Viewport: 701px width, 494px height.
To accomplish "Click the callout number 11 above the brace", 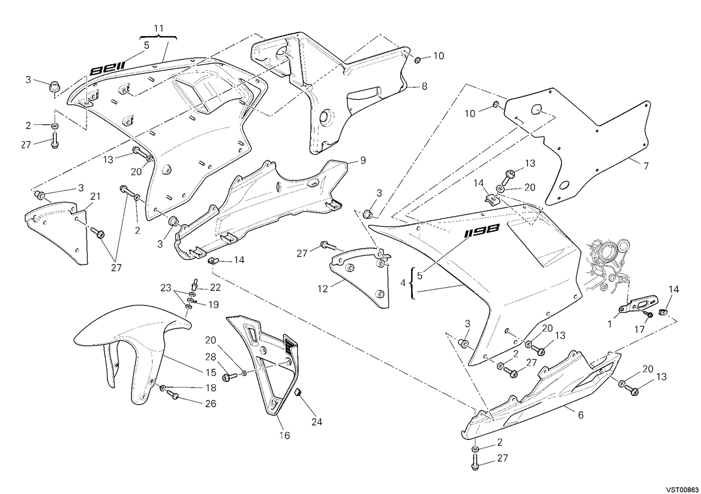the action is [x=159, y=29].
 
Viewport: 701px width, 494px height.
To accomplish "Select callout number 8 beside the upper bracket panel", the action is [x=424, y=86].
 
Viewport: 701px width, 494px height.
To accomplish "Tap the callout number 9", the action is [x=363, y=161].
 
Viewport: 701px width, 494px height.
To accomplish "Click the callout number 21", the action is [x=95, y=196].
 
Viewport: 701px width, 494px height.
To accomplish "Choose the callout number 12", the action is [x=322, y=289].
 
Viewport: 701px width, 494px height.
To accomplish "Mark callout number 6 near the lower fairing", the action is [x=581, y=415].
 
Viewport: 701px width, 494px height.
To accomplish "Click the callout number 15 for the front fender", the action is [x=211, y=373].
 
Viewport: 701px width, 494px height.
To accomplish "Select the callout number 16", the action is [x=284, y=435].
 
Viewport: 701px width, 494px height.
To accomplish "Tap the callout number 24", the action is [x=317, y=422].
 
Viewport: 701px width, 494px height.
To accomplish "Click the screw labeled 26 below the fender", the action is [x=172, y=394].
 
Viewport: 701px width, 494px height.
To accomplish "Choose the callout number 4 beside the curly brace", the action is [x=402, y=283].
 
